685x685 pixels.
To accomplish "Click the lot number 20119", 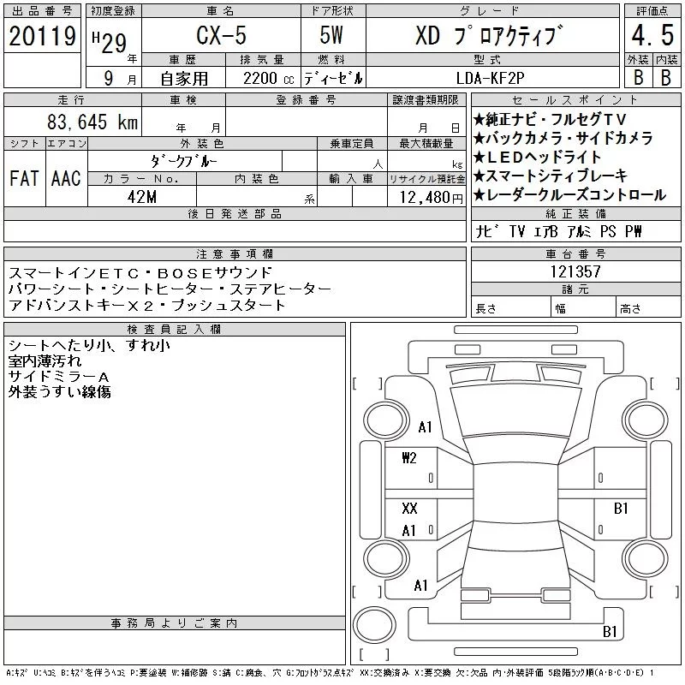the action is point(42,36).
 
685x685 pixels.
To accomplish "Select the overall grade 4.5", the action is point(652,35).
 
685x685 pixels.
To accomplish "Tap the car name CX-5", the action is point(222,35).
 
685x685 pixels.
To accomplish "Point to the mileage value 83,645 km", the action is point(92,122).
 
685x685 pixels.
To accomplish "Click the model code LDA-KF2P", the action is point(490,78).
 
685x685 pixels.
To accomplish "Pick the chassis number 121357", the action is point(575,271).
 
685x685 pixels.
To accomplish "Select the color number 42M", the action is point(142,197).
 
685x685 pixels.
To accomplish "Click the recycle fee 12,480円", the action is point(431,198).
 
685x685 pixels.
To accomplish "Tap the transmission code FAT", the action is point(24,178).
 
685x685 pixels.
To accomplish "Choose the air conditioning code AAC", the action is point(66,178).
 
